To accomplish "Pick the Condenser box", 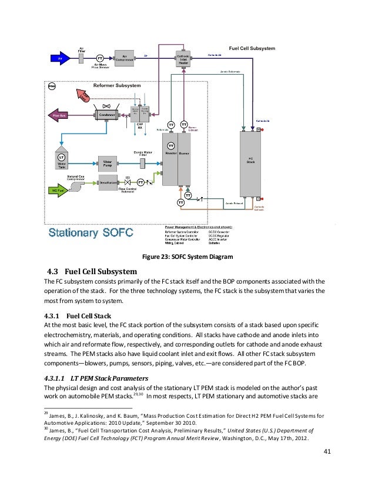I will (106, 115).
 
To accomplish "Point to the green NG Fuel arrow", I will (57, 190).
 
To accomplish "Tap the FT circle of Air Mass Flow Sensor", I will (100, 58).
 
